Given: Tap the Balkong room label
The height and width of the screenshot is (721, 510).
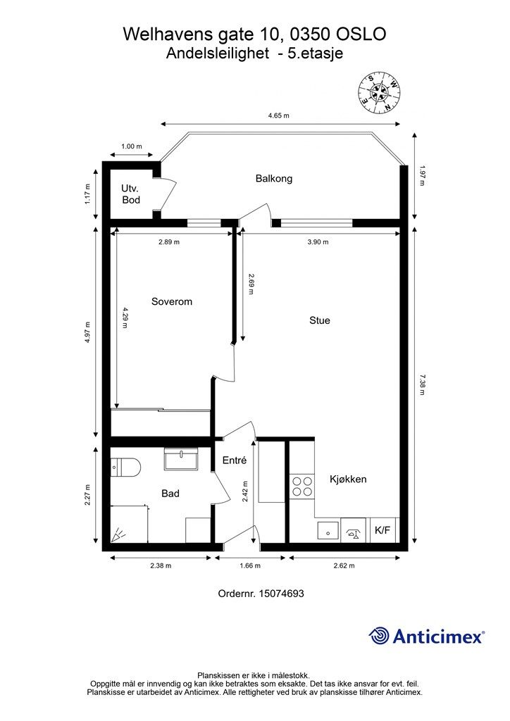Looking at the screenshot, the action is (x=274, y=178).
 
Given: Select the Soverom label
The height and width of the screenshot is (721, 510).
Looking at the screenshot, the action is (x=172, y=301).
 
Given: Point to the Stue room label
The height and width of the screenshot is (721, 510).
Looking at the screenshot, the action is (x=320, y=320).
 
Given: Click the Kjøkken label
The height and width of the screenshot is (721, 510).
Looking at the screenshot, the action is (x=348, y=479).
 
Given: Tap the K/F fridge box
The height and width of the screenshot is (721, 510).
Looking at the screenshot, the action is (x=382, y=530).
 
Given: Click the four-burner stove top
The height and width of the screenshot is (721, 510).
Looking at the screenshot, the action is (x=302, y=487).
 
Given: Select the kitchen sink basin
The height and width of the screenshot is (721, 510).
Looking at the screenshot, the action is (x=328, y=531).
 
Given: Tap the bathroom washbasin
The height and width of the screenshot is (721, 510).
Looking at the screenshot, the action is (x=182, y=458).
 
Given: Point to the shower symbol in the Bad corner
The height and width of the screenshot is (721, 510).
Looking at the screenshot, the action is (x=118, y=535).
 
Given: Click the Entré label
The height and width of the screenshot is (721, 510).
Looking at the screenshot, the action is (x=235, y=460).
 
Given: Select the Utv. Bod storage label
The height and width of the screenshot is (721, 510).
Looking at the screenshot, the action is (x=130, y=194).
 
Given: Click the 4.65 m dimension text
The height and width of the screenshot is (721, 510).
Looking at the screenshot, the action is (x=279, y=115).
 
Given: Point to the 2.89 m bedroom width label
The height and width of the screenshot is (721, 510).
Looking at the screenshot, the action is (x=169, y=242).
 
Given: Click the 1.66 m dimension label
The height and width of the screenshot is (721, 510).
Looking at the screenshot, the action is (x=250, y=565).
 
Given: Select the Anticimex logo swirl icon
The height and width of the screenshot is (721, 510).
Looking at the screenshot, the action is (x=379, y=636).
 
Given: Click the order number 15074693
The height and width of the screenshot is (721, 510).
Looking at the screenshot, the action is (x=282, y=594).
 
